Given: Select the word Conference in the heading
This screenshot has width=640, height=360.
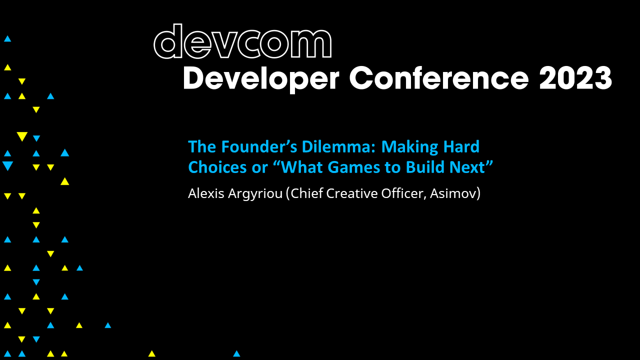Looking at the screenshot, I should [438, 78].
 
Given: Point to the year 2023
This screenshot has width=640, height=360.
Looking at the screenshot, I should [575, 78].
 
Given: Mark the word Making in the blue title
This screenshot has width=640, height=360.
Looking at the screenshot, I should [408, 147].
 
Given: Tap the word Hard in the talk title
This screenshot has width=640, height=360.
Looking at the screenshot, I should [460, 147].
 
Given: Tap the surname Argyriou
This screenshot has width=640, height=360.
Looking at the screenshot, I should [254, 194].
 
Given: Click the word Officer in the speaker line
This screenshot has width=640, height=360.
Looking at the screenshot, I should [402, 193].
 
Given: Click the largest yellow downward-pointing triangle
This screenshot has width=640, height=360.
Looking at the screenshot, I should [21, 136].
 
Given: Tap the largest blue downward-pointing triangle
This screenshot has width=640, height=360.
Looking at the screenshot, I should [7, 166].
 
